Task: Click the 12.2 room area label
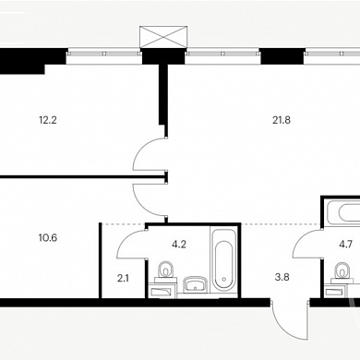pyautogui.click(x=48, y=120)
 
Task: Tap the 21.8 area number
pyautogui.click(x=282, y=120)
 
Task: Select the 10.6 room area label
pyautogui.click(x=48, y=237)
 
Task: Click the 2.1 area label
pyautogui.click(x=123, y=279)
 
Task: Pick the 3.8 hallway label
pyautogui.click(x=282, y=277)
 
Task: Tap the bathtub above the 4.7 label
pyautogui.click(x=343, y=213)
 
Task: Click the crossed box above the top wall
pyautogui.click(x=163, y=37)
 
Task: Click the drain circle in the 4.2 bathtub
pyautogui.click(x=224, y=280)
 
